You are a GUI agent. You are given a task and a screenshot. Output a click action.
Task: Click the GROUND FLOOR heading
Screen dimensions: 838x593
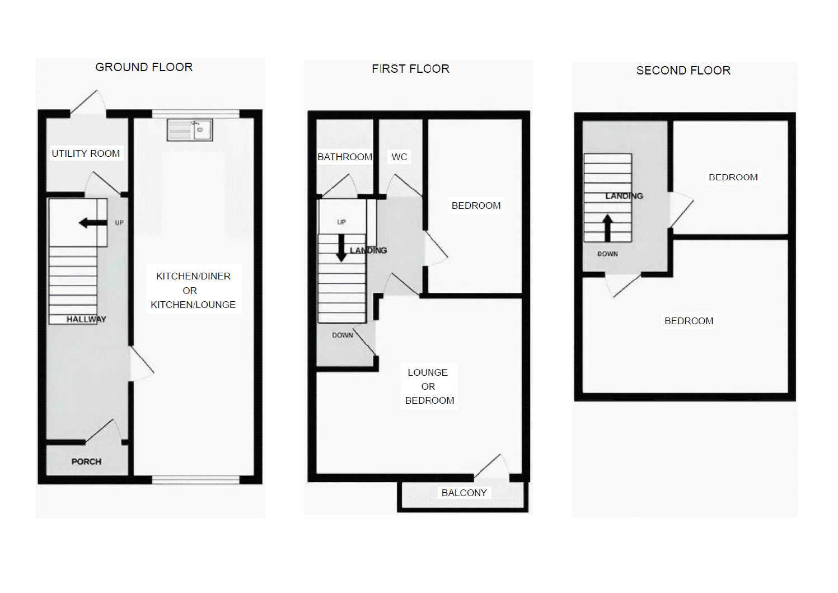(x=144, y=67)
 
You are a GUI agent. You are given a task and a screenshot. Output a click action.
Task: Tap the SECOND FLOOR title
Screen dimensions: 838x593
(x=683, y=71)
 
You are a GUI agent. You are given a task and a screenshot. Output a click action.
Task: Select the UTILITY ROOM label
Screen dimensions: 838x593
(x=86, y=153)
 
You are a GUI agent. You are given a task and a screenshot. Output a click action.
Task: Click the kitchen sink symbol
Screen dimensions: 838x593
(x=190, y=130)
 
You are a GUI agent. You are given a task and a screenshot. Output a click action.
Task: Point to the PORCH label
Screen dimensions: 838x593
(x=86, y=461)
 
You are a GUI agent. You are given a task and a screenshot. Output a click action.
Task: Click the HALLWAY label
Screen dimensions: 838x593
(x=86, y=319)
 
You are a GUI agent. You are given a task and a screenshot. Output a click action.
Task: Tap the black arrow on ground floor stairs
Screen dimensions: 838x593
(x=93, y=223)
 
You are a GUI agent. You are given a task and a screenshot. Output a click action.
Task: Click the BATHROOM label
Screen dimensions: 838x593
(x=345, y=157)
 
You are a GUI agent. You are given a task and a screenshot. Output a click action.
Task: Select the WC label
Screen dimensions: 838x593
(x=399, y=157)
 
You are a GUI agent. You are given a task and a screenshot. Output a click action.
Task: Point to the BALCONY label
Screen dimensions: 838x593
(x=464, y=493)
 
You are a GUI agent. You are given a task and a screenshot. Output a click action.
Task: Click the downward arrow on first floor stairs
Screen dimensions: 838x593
(x=341, y=248)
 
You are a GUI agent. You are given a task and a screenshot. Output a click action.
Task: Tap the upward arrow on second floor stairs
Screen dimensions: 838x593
(x=607, y=228)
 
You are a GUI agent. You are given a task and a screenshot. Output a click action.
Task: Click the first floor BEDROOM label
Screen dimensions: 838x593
(x=476, y=206)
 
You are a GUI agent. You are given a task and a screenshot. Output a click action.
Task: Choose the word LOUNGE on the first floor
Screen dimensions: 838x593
(x=428, y=372)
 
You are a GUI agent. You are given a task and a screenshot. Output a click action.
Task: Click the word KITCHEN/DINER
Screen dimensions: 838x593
(x=193, y=276)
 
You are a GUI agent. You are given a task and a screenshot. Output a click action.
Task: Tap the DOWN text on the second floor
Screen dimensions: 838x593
(x=607, y=254)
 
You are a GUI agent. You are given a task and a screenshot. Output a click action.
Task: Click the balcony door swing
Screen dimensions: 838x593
(x=491, y=466)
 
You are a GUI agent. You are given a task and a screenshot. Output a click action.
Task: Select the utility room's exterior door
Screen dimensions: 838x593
(x=88, y=102)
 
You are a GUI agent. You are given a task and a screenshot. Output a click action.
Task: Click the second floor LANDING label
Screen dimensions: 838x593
(x=624, y=195)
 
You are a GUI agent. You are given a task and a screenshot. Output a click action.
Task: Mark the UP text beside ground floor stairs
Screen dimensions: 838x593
(x=119, y=223)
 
